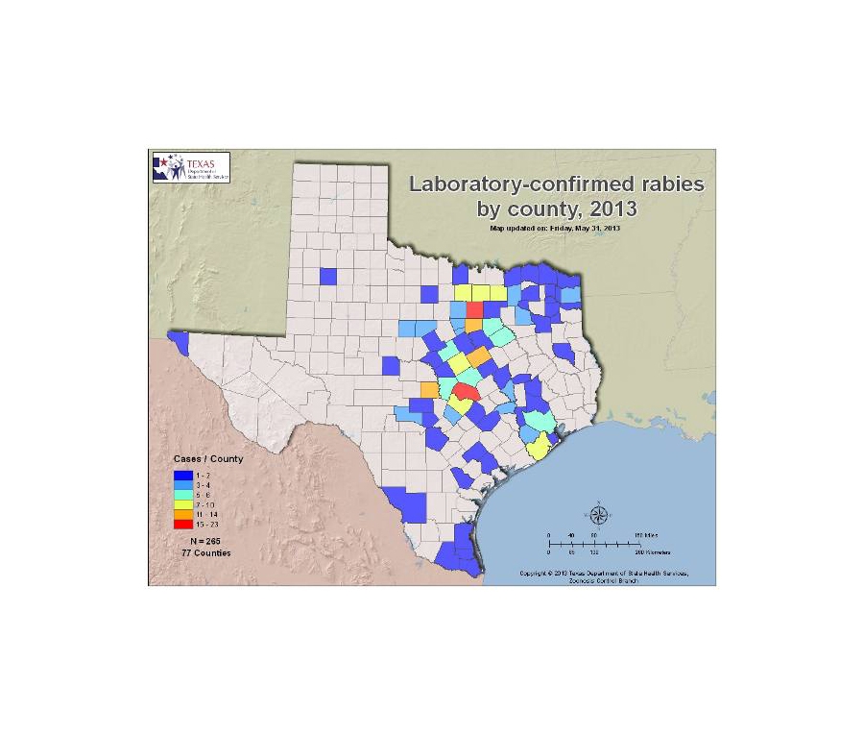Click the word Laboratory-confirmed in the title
(490, 183)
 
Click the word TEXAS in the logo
(201, 163)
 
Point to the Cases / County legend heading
(207, 458)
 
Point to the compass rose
(598, 515)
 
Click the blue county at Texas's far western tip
(178, 338)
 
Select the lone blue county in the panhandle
(327, 277)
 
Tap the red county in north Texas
(474, 309)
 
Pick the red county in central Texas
(466, 391)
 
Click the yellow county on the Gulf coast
(540, 445)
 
